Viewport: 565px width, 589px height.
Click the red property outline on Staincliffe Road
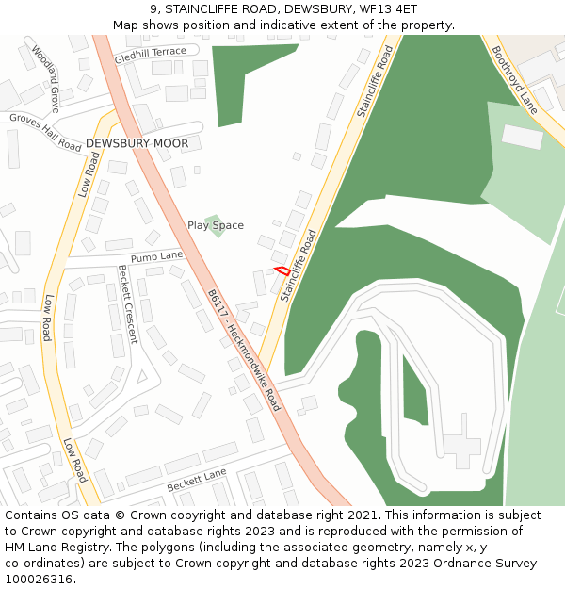[282, 270]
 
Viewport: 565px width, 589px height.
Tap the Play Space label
[215, 225]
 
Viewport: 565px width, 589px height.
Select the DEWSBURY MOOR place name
[137, 143]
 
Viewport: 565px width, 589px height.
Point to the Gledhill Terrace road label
[151, 57]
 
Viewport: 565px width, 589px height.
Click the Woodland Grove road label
[45, 78]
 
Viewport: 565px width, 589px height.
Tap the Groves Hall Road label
[45, 133]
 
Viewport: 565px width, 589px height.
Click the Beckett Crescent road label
[126, 303]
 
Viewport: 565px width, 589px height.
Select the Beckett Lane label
[197, 481]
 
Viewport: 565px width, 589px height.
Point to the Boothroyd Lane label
[514, 80]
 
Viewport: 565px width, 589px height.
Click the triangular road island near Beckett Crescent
[142, 377]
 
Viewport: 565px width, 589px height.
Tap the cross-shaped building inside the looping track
[461, 440]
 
